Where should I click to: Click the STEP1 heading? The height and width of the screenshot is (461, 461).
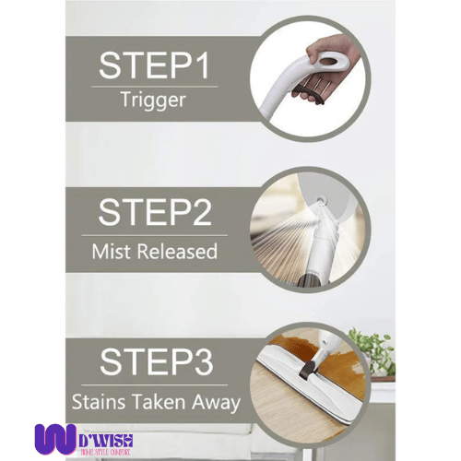point(154,65)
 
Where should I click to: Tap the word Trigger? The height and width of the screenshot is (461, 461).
point(154,100)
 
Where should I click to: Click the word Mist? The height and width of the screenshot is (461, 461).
point(112,250)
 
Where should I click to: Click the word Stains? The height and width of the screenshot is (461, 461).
point(99,401)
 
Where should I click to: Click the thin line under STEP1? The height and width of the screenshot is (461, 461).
point(154,86)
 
